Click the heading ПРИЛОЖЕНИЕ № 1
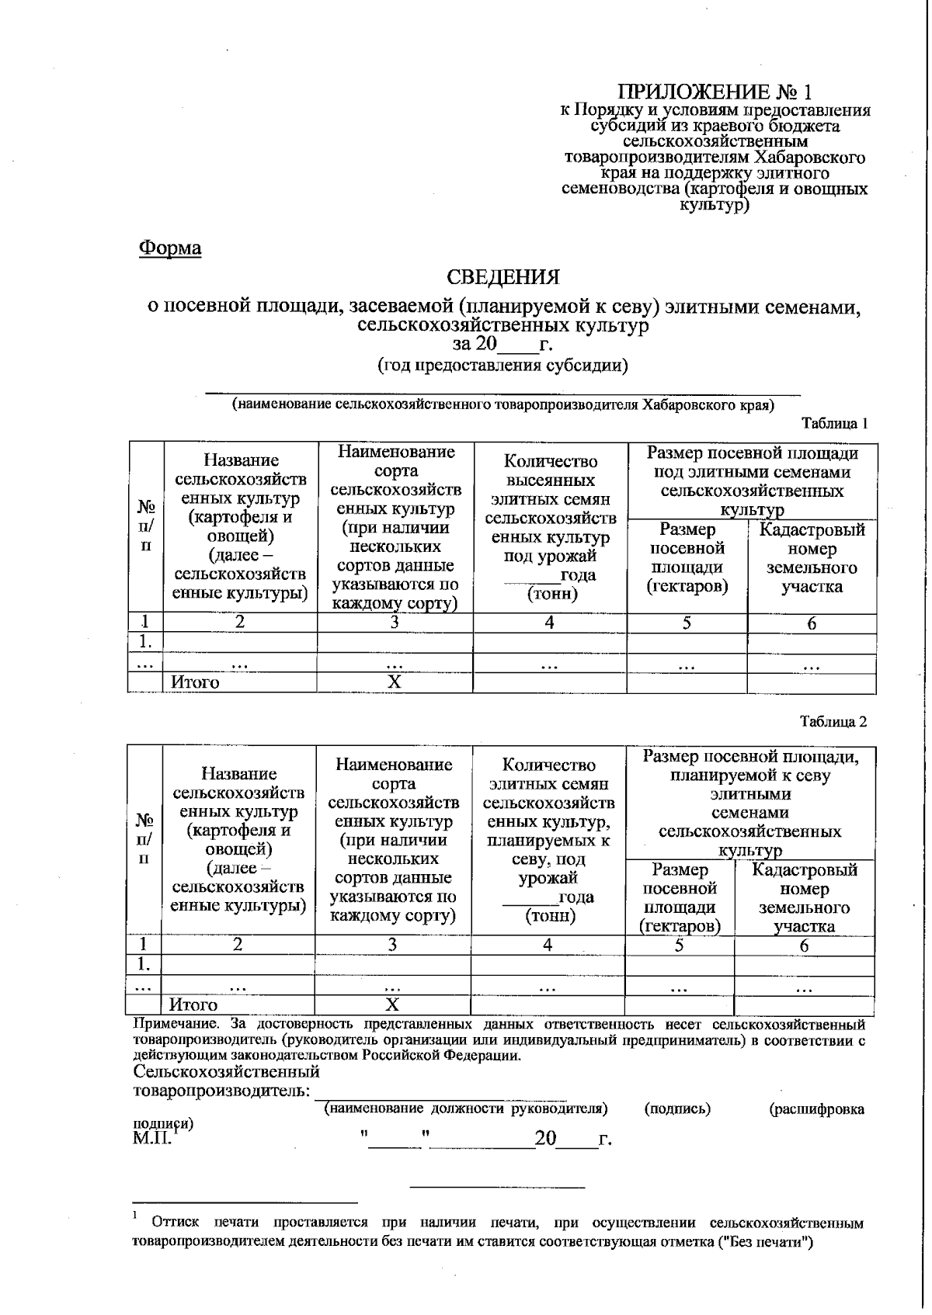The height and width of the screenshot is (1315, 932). click(715, 92)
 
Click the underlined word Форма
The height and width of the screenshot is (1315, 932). click(170, 248)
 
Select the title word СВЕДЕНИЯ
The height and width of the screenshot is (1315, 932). click(503, 277)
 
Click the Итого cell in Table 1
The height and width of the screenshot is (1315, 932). click(195, 682)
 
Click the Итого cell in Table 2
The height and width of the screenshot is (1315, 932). click(194, 1005)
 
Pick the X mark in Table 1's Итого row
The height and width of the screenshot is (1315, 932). click(395, 682)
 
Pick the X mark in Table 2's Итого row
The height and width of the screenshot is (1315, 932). click(392, 1004)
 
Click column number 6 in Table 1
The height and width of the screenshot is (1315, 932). click(812, 623)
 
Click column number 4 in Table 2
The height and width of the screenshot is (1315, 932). click(548, 945)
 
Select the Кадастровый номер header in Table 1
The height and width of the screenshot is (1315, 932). click(812, 558)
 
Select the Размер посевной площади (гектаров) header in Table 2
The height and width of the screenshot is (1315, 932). click(680, 897)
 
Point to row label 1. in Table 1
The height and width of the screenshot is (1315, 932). click(145, 642)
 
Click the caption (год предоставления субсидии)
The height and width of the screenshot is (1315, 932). click(503, 366)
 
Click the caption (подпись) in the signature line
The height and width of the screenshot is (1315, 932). click(677, 1109)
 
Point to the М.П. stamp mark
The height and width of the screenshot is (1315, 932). click(152, 1138)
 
